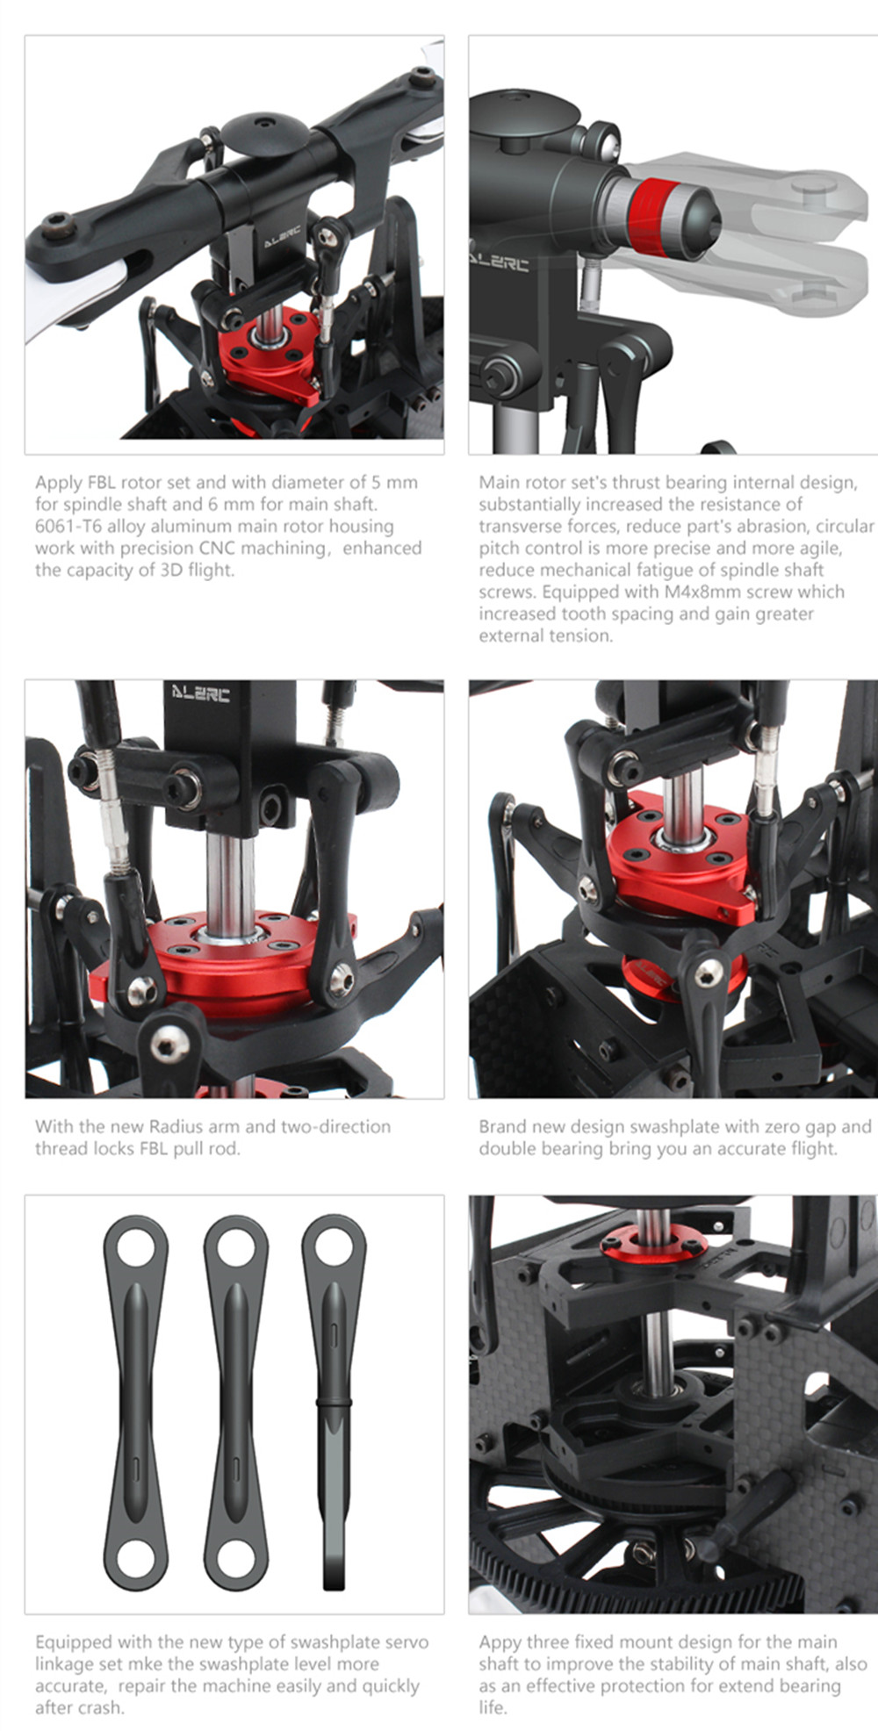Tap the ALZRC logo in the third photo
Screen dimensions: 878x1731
(x=201, y=694)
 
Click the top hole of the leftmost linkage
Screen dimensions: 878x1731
(x=136, y=1246)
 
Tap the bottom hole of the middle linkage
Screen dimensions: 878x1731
(x=236, y=1558)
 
